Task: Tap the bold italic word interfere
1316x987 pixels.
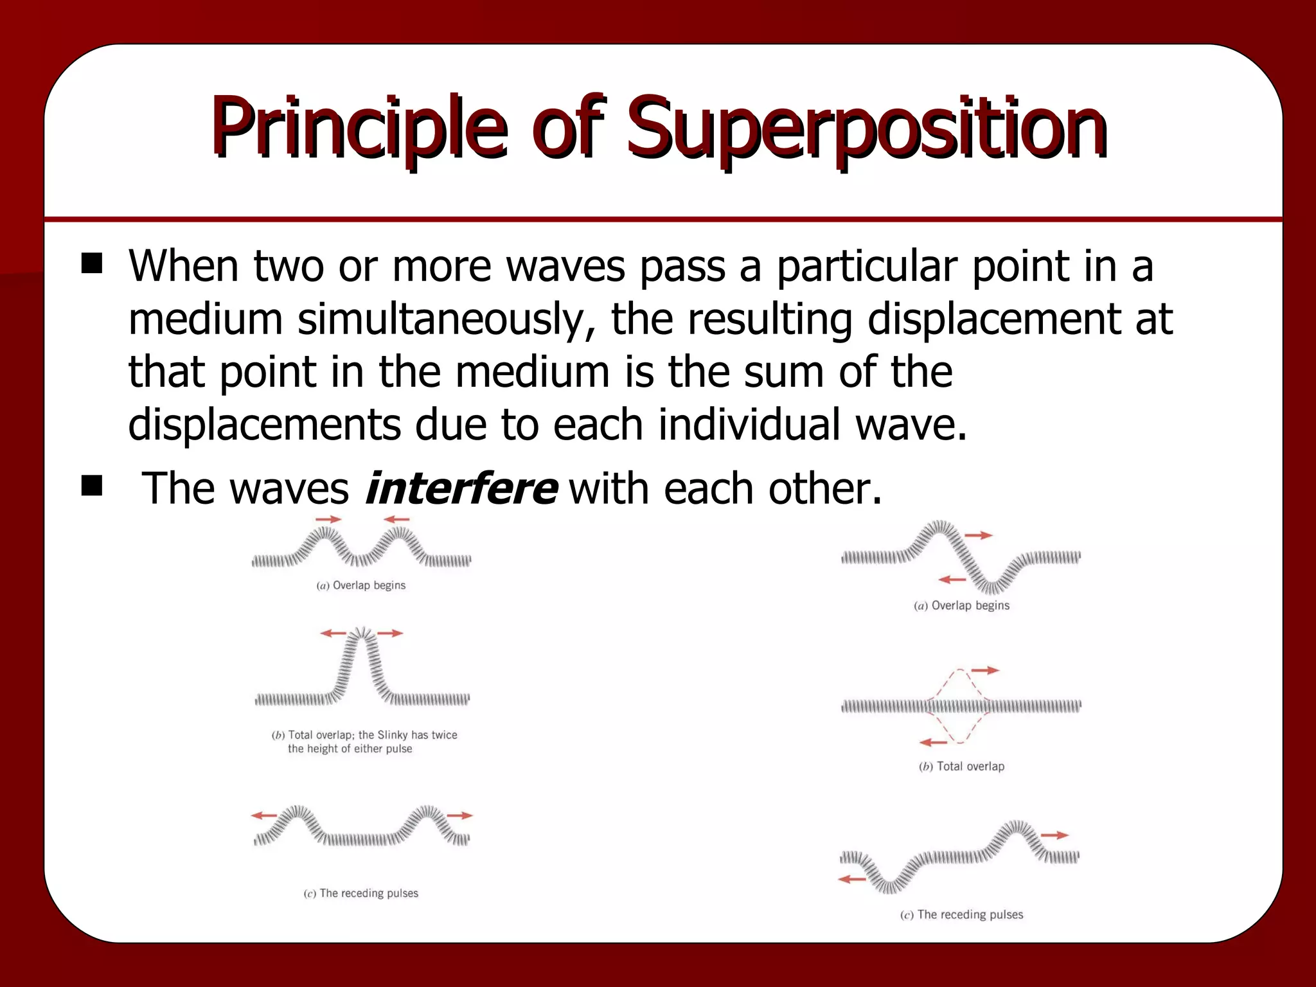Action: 461,488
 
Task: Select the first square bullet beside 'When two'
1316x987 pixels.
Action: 92,264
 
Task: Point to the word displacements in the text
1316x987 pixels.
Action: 264,425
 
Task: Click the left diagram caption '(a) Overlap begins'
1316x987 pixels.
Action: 361,585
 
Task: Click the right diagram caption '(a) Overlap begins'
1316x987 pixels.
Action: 961,605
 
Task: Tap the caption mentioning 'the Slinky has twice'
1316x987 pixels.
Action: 364,742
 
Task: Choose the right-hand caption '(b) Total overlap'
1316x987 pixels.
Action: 961,766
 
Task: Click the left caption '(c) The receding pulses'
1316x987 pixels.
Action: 361,893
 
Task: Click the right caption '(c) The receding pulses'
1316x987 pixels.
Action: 961,914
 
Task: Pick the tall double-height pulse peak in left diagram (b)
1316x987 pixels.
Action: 362,643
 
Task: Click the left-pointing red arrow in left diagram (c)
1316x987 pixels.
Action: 263,815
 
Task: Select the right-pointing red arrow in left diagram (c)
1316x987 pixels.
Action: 459,815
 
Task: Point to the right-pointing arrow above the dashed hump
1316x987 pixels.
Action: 985,670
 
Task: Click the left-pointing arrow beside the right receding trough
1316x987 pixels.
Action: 853,879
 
